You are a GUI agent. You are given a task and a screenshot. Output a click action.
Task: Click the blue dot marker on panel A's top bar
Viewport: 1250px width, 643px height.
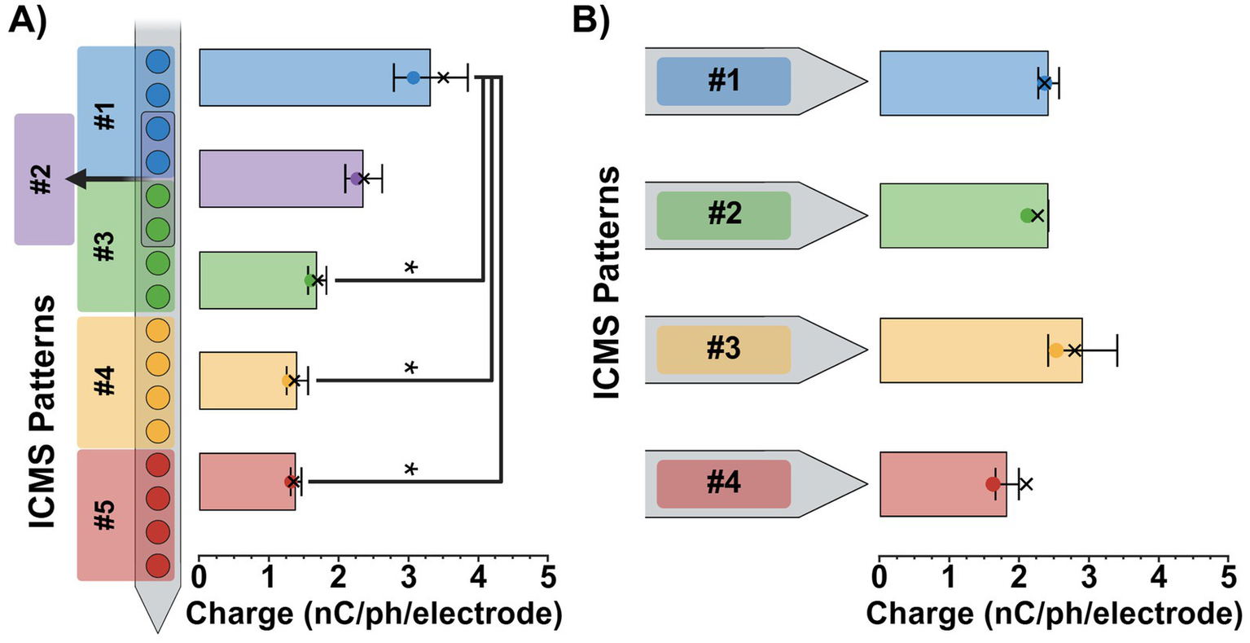(x=413, y=77)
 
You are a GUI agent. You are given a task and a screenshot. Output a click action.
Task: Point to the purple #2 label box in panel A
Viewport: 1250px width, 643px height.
(x=44, y=178)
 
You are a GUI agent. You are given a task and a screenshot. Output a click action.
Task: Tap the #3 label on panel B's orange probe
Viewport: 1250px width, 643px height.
(x=723, y=350)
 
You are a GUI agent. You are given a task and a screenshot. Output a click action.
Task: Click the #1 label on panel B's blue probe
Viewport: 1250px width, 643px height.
(x=723, y=81)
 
